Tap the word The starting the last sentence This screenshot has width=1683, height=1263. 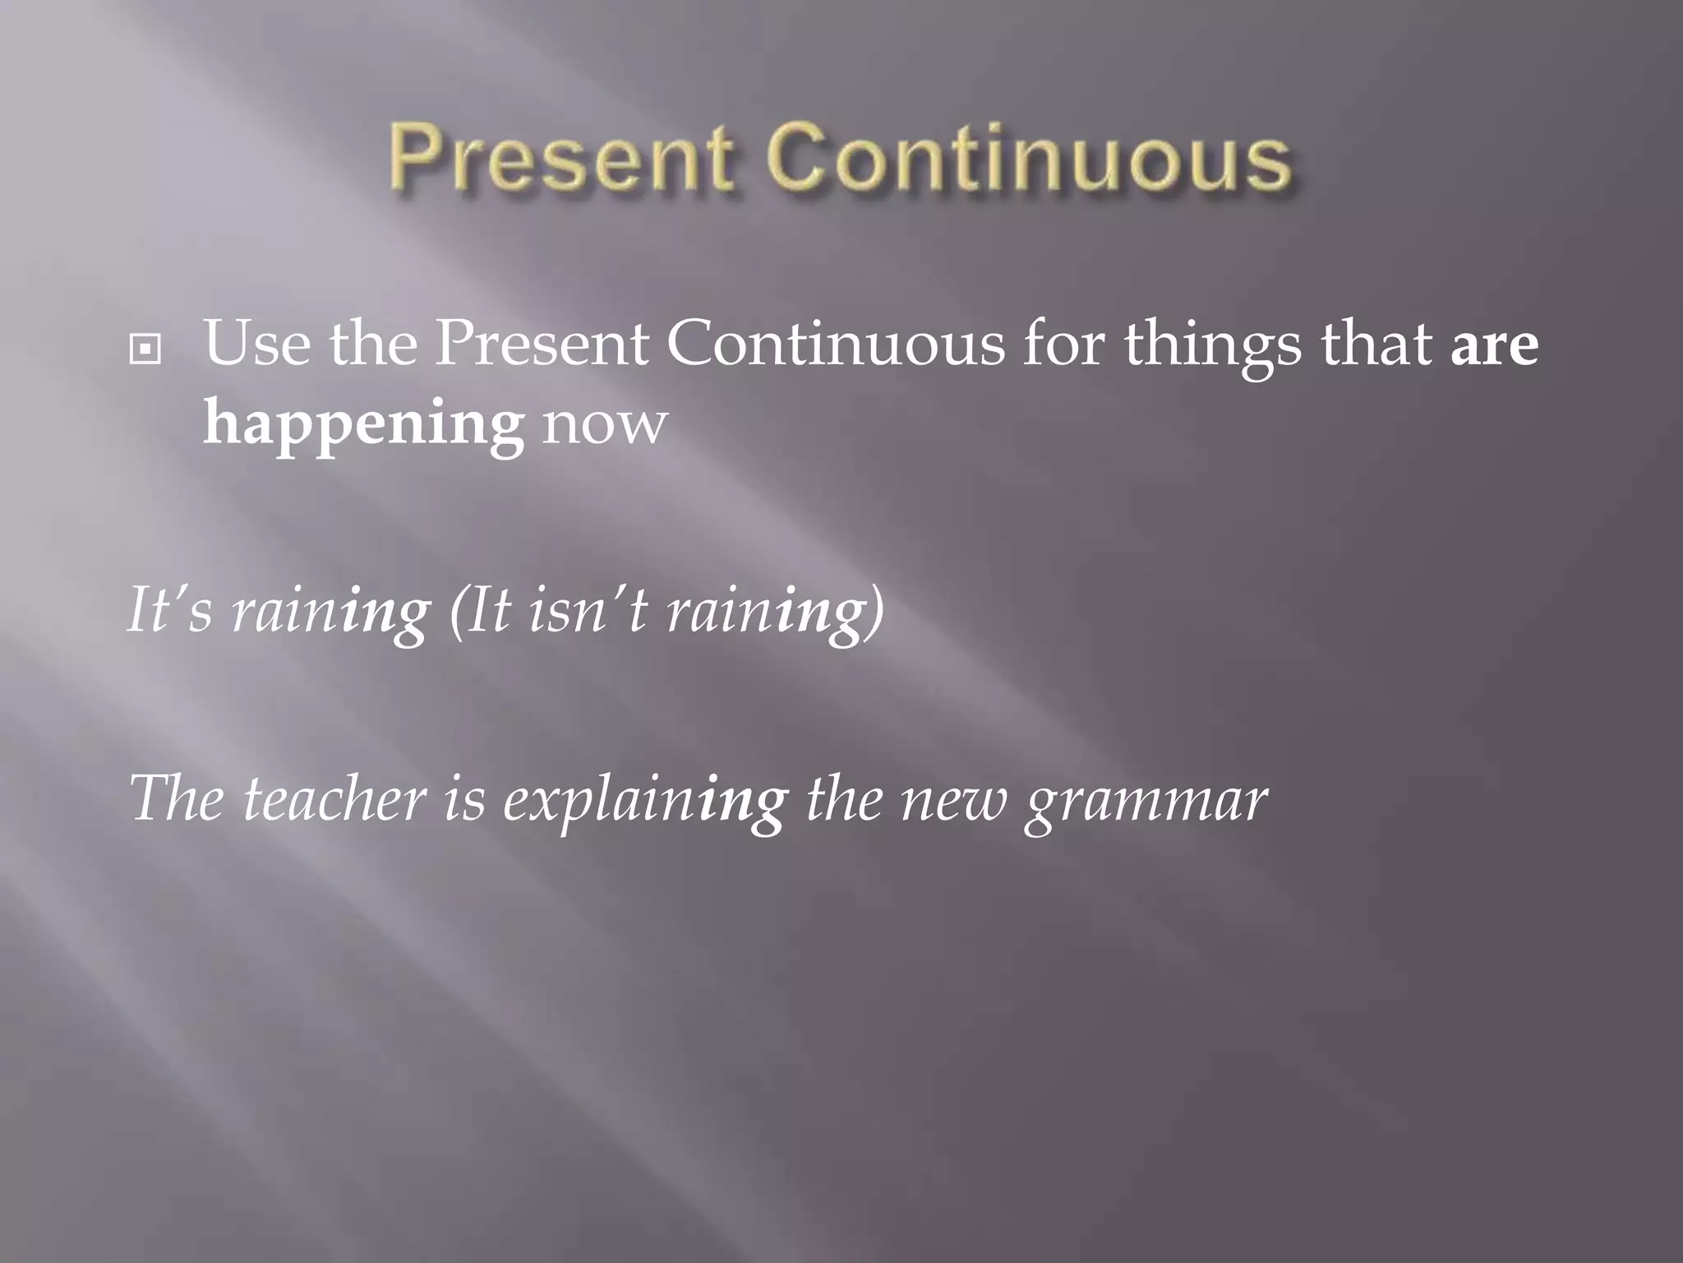point(176,799)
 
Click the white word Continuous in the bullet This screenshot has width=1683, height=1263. point(835,344)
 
